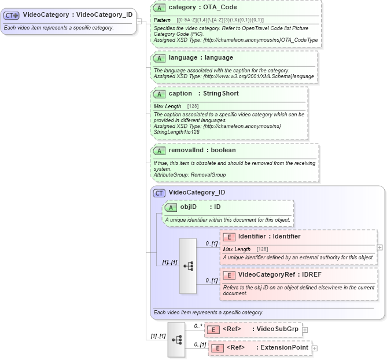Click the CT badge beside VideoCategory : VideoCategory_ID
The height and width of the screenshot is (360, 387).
12,15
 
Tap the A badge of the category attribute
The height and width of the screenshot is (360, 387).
159,8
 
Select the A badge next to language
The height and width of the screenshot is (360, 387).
159,58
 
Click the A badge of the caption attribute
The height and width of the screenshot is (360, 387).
159,94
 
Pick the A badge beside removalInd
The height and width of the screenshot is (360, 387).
159,150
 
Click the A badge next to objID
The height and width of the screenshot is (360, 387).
171,207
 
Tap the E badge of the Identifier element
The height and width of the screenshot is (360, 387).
228,236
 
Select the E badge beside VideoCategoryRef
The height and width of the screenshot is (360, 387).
228,275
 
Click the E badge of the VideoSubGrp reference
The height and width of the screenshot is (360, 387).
213,329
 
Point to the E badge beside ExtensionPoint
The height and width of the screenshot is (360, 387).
216,348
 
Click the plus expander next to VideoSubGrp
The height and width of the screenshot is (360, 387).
305,329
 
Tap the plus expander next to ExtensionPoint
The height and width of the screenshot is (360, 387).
315,348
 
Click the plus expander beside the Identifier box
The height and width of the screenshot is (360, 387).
379,247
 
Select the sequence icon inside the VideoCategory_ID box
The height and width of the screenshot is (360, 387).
189,266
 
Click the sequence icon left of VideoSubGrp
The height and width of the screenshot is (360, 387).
177,339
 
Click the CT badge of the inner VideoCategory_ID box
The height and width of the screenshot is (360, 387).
159,193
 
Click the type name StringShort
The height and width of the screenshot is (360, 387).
220,94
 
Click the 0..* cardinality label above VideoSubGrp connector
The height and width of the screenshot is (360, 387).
198,326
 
